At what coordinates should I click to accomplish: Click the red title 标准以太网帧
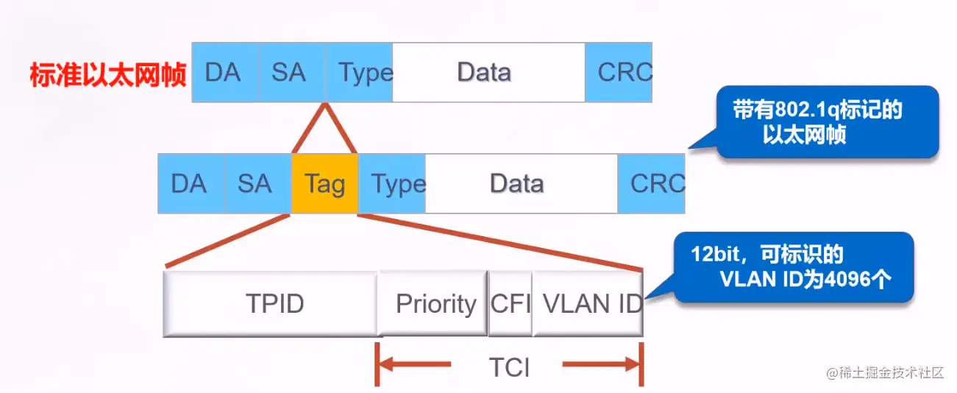[108, 75]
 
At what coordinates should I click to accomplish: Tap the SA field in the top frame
[291, 72]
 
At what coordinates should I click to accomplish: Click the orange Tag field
[324, 183]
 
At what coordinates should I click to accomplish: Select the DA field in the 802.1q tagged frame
[191, 183]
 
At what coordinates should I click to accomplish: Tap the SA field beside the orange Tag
[257, 183]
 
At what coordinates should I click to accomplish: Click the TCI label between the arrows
[509, 367]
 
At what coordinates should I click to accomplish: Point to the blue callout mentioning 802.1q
[828, 122]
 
